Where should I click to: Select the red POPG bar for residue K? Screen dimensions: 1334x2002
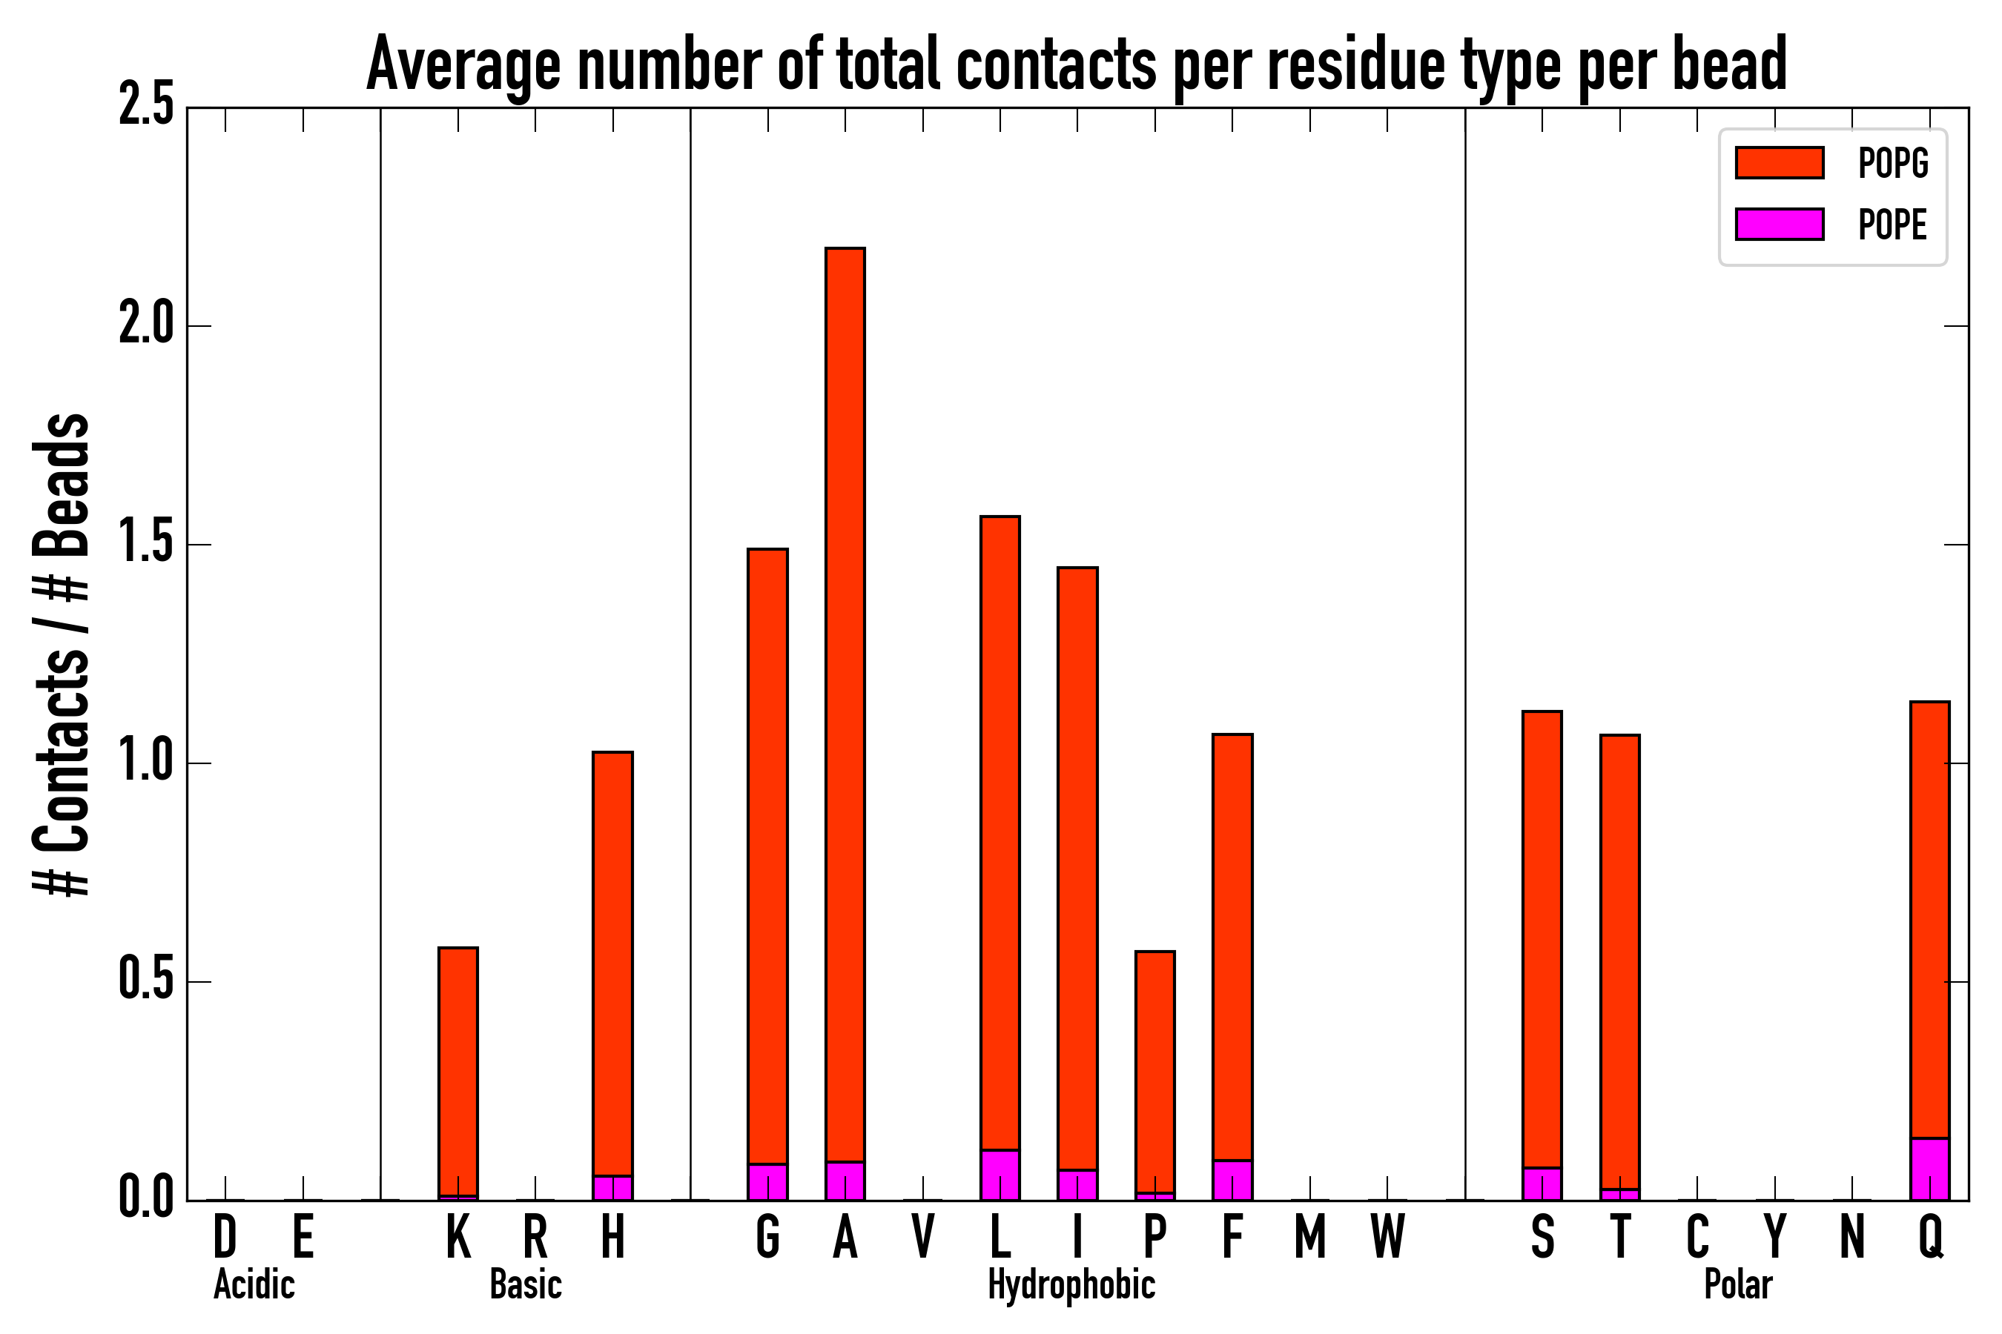[458, 1071]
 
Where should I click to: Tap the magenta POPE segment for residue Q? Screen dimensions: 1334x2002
[1929, 1169]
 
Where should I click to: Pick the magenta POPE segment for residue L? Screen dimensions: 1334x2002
[1000, 1175]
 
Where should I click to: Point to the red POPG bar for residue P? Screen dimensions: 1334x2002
[1154, 1072]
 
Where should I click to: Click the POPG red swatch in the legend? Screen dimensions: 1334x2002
[1779, 162]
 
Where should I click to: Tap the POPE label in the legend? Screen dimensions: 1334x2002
[1892, 225]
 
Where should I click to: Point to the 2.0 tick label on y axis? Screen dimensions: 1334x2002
[146, 326]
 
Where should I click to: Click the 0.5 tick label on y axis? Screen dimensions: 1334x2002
[146, 982]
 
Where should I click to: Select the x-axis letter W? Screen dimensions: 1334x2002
[1387, 1237]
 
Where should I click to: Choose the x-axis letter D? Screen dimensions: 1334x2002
[225, 1237]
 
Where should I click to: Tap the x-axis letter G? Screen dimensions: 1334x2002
[767, 1237]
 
